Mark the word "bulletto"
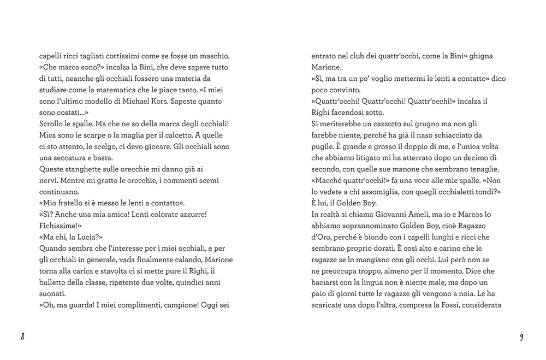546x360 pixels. click(x=54, y=282)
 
